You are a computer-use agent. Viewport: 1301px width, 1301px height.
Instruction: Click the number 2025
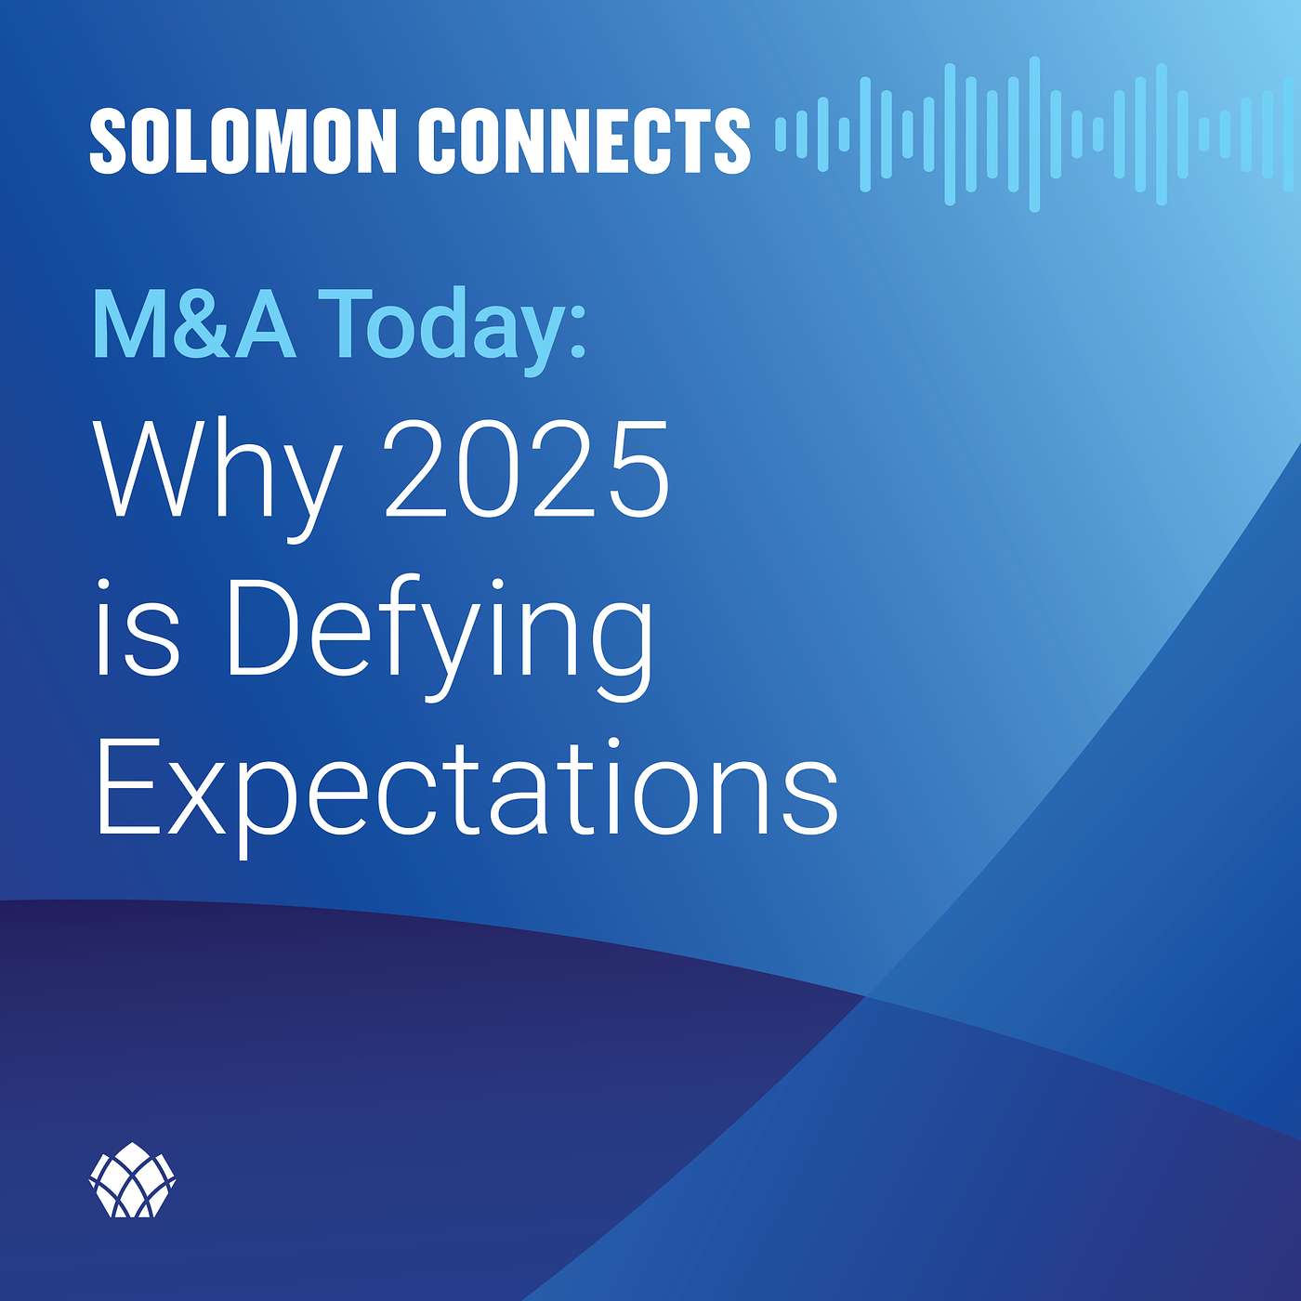point(527,468)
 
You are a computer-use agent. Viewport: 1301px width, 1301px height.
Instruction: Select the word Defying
point(439,638)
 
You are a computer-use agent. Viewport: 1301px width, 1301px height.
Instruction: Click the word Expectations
point(467,796)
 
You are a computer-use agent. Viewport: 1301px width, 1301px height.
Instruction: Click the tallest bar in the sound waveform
point(1033,135)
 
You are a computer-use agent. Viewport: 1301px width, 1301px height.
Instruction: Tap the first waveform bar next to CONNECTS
point(782,134)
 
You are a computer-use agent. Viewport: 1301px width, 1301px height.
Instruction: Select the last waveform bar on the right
point(1288,135)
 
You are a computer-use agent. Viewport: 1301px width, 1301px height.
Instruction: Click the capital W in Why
point(153,468)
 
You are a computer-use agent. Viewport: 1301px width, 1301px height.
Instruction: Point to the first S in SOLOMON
point(112,140)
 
